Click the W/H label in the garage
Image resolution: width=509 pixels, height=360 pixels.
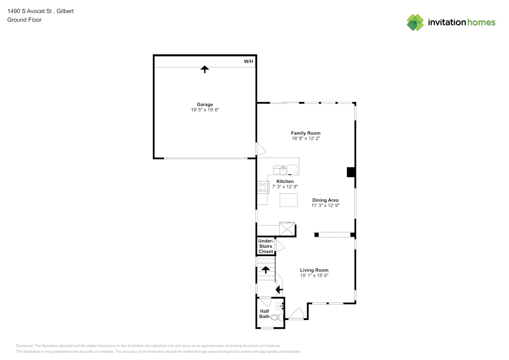coord(248,61)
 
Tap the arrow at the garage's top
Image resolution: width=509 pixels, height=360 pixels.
coord(205,69)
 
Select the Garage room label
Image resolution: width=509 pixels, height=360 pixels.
coord(205,104)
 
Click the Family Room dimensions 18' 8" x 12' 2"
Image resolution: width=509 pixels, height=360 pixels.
coord(306,138)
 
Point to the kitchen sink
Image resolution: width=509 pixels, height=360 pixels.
coord(280,170)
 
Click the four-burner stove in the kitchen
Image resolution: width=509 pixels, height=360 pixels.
coord(263,187)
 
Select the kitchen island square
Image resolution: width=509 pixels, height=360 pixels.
coord(288,200)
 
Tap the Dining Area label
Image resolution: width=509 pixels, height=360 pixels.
coord(325,200)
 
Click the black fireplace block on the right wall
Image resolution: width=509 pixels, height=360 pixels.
coord(351,172)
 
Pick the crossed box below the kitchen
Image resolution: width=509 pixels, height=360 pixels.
coord(287,229)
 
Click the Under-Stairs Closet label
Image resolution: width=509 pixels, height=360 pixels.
coord(266,246)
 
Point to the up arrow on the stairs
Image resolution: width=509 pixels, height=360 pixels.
coord(266,270)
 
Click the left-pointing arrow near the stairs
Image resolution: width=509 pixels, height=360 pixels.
coord(279,289)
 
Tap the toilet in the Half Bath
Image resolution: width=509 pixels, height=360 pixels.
coord(277,317)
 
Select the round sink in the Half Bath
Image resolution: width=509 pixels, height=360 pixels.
coord(279,306)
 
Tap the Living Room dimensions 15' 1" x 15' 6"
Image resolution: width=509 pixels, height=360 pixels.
coord(314,275)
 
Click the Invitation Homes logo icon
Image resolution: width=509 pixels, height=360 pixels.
coord(415,22)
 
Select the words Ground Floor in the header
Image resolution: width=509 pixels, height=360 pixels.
coord(24,20)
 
